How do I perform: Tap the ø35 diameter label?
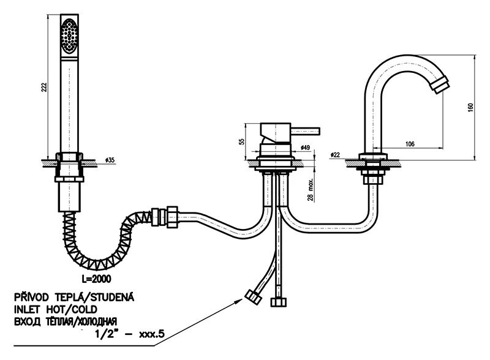tap(110, 160)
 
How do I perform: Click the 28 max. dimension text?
tap(312, 190)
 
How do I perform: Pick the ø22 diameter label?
tap(335, 154)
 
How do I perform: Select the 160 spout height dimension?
tap(470, 107)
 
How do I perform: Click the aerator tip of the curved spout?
tap(441, 84)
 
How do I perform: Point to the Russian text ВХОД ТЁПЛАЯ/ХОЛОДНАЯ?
tap(68, 321)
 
